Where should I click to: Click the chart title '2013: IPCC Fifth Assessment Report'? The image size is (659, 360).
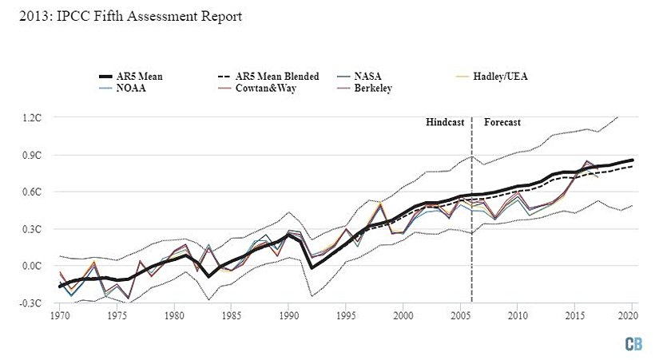pyautogui.click(x=122, y=16)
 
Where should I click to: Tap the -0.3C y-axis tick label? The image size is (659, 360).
pyautogui.click(x=31, y=303)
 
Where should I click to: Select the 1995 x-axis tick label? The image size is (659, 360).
pyautogui.click(x=346, y=316)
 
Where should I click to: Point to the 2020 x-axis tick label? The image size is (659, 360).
pyautogui.click(x=632, y=316)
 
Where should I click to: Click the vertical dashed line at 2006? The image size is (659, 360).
pyautogui.click(x=472, y=216)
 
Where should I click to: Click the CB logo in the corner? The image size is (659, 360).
pyautogui.click(x=634, y=343)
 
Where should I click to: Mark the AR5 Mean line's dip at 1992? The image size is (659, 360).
pyautogui.click(x=312, y=267)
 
